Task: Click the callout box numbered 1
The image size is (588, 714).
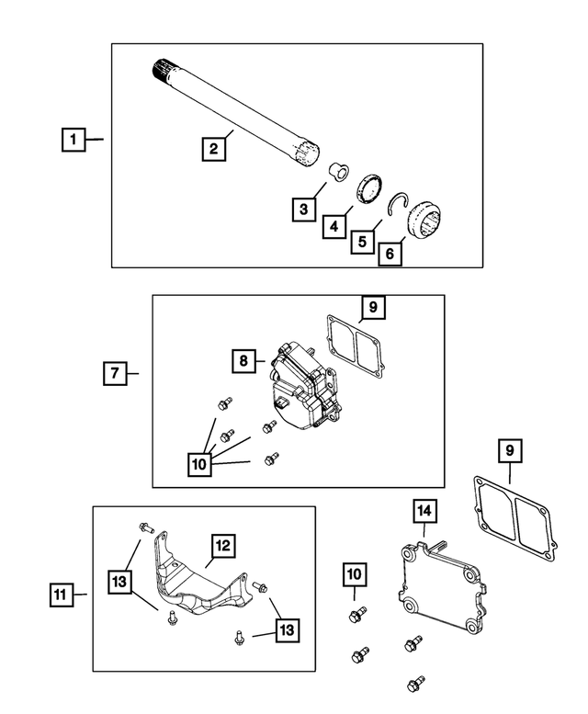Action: (x=73, y=141)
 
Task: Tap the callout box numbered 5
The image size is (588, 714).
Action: (x=363, y=242)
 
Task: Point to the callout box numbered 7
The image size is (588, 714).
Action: (x=114, y=374)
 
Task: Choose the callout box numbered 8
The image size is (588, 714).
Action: (x=245, y=362)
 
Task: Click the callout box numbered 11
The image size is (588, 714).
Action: (x=60, y=595)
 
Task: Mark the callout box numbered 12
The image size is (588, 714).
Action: (x=223, y=545)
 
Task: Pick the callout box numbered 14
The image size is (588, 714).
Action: (x=424, y=509)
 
